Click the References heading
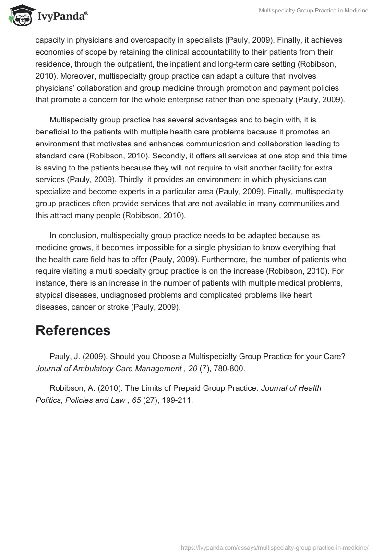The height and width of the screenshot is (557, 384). coord(73,330)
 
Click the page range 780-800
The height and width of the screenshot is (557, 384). coord(229,369)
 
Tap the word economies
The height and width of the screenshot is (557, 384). coord(58,52)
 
